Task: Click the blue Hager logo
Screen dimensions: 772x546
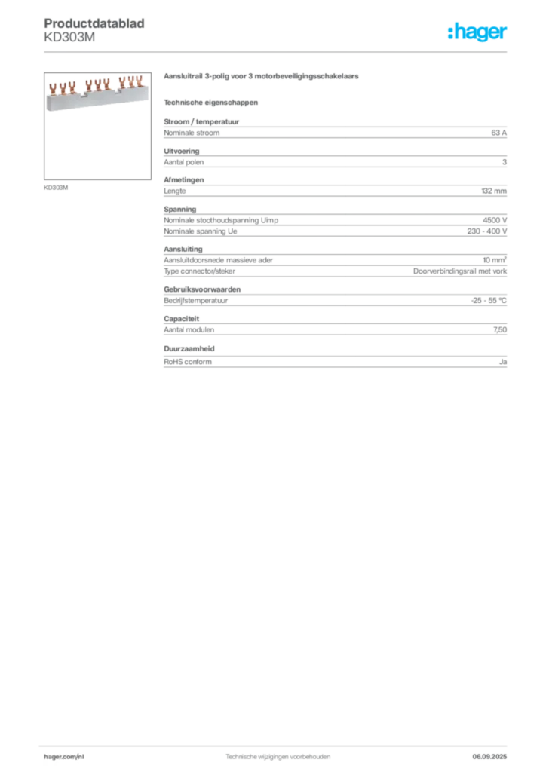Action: pos(479,33)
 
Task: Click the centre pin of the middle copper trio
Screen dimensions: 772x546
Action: pos(98,81)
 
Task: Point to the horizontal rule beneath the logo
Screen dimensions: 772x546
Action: pos(278,51)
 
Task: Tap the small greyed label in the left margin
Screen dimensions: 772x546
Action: pos(57,187)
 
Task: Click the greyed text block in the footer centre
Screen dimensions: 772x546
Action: pos(279,755)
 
